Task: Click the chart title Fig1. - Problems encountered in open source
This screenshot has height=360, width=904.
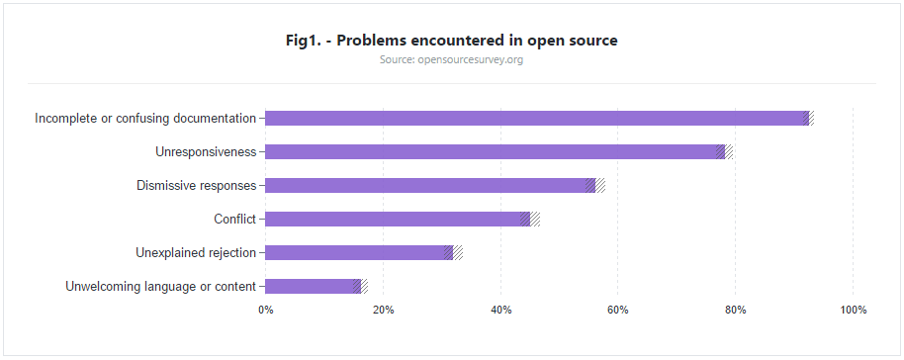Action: click(451, 41)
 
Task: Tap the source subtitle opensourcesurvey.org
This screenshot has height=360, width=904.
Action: click(451, 60)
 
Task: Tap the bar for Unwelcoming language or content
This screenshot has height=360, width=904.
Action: click(309, 287)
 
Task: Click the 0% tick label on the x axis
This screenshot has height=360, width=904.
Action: click(266, 311)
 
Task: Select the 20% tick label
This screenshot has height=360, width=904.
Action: click(384, 311)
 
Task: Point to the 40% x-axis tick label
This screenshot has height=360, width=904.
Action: click(500, 311)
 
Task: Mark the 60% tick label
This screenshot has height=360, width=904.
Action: click(618, 311)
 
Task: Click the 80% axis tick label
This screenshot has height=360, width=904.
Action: click(736, 311)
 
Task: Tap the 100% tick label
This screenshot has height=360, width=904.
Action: click(853, 311)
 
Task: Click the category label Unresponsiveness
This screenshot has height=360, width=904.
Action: click(206, 152)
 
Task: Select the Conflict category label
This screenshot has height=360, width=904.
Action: click(234, 220)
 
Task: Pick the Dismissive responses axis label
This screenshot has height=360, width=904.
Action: click(196, 186)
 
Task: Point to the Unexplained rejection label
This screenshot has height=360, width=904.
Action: click(196, 253)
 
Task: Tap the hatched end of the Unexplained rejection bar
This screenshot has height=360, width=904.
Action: click(458, 253)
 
